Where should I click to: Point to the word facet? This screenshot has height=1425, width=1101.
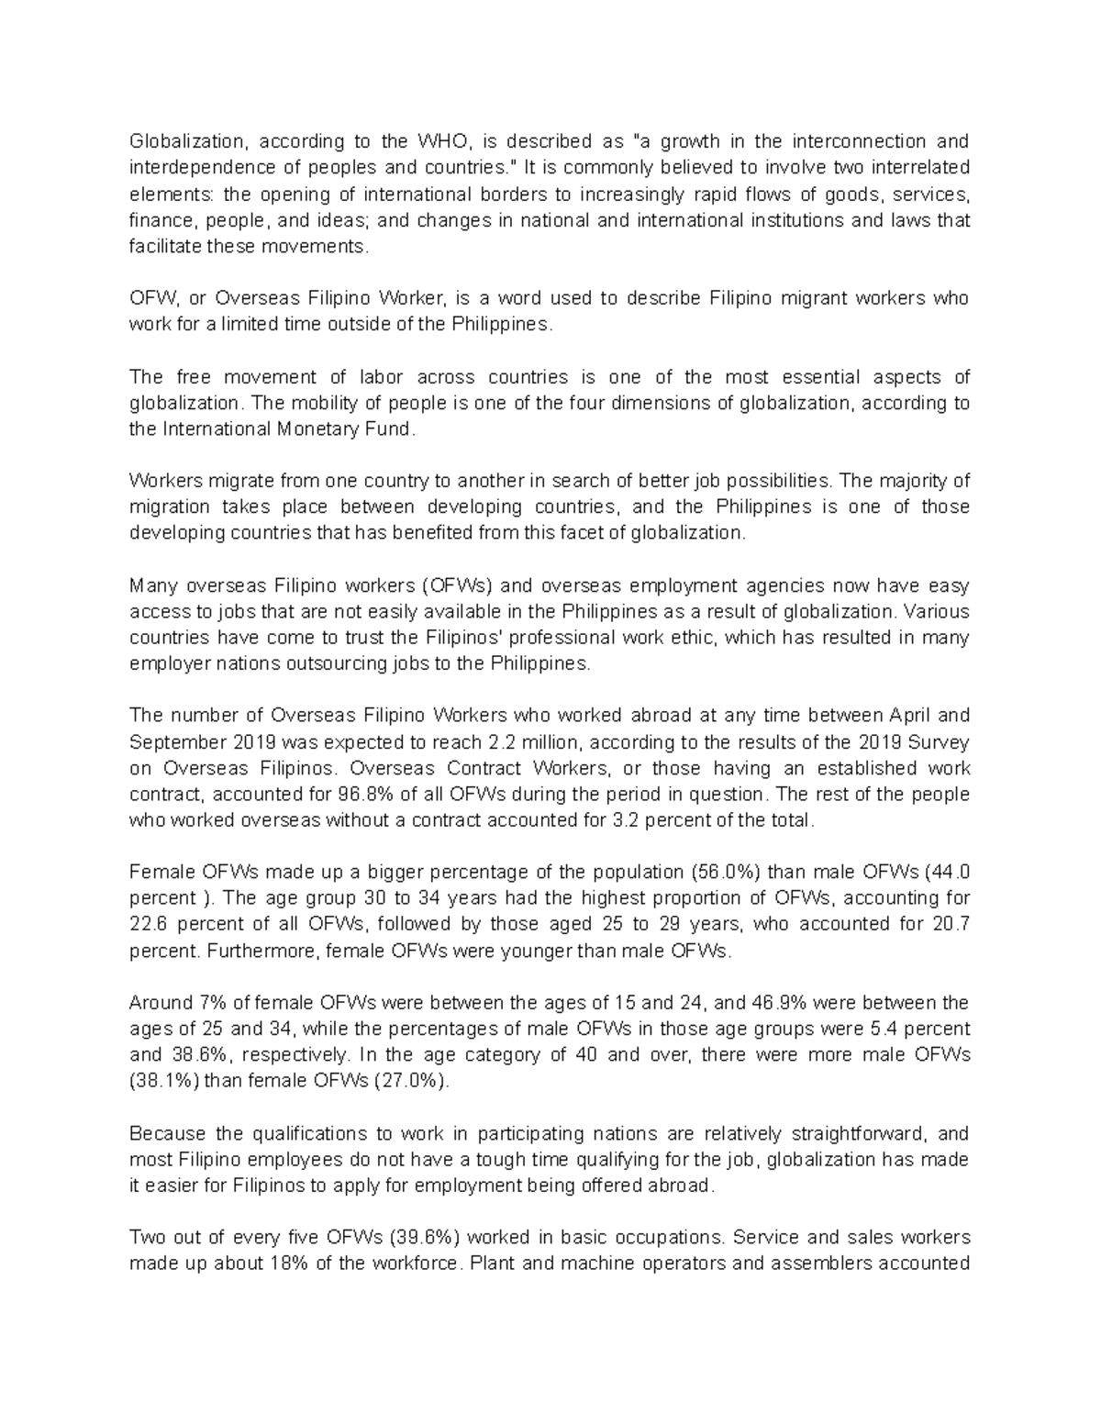click(x=574, y=533)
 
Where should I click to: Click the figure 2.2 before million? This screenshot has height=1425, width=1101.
click(x=500, y=741)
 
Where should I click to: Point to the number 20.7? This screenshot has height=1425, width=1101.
click(x=950, y=924)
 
